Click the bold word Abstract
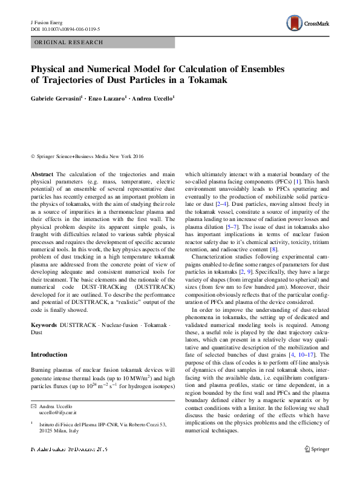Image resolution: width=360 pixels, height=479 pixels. coord(42,174)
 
